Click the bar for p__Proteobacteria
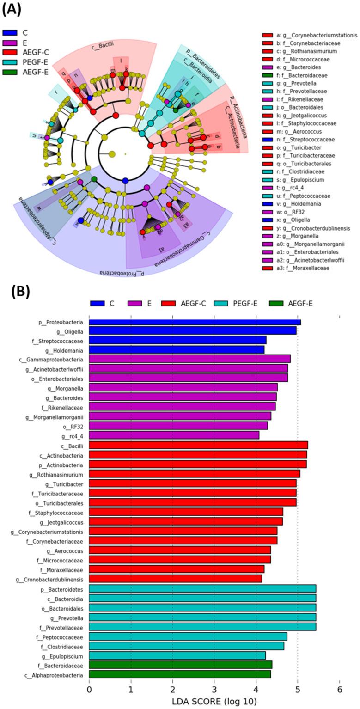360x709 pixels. [x=195, y=322]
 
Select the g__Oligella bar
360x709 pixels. [x=192, y=330]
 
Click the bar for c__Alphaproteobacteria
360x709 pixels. [x=180, y=674]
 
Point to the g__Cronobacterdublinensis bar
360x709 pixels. [x=175, y=579]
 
